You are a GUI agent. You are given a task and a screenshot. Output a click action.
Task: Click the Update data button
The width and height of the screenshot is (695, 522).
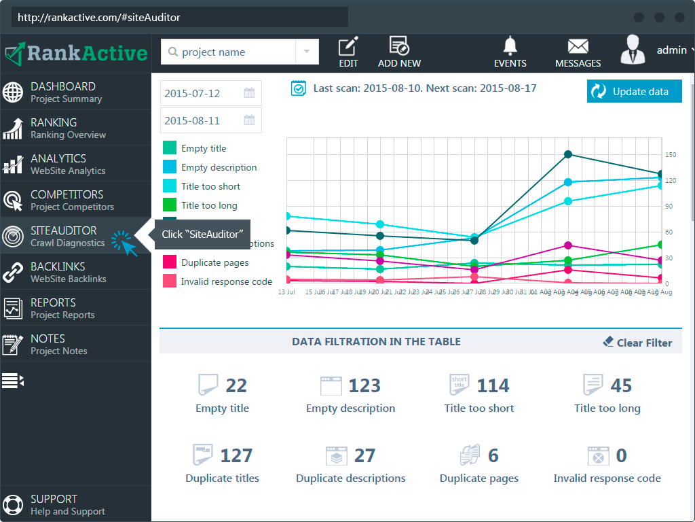click(634, 92)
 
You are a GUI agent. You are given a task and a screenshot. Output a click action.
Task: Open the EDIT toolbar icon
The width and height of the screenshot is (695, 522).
click(348, 52)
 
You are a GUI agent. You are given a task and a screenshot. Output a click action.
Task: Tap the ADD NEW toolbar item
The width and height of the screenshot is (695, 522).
click(399, 52)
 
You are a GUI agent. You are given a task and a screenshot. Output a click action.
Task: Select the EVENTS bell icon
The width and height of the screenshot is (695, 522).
click(510, 52)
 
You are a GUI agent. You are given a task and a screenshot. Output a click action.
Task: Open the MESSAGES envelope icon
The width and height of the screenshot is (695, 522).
click(578, 52)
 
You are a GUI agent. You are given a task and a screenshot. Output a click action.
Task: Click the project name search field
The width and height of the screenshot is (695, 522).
click(231, 52)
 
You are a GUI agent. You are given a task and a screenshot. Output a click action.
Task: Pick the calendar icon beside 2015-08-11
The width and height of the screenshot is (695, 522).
click(249, 121)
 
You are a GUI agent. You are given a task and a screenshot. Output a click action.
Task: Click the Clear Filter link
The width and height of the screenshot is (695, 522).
click(637, 343)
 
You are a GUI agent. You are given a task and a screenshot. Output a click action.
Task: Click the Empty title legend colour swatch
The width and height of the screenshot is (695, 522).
click(170, 148)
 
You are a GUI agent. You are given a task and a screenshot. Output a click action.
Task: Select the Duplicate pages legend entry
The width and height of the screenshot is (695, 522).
click(214, 262)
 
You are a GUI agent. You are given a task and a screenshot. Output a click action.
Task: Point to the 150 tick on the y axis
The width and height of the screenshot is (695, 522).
click(671, 155)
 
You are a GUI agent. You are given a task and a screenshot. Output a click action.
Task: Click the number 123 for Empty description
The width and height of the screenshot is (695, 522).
click(364, 386)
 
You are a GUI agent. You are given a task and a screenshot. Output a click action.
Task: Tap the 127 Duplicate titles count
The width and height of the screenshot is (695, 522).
click(236, 455)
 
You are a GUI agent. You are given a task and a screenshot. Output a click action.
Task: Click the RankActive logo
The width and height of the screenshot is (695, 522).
click(76, 53)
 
